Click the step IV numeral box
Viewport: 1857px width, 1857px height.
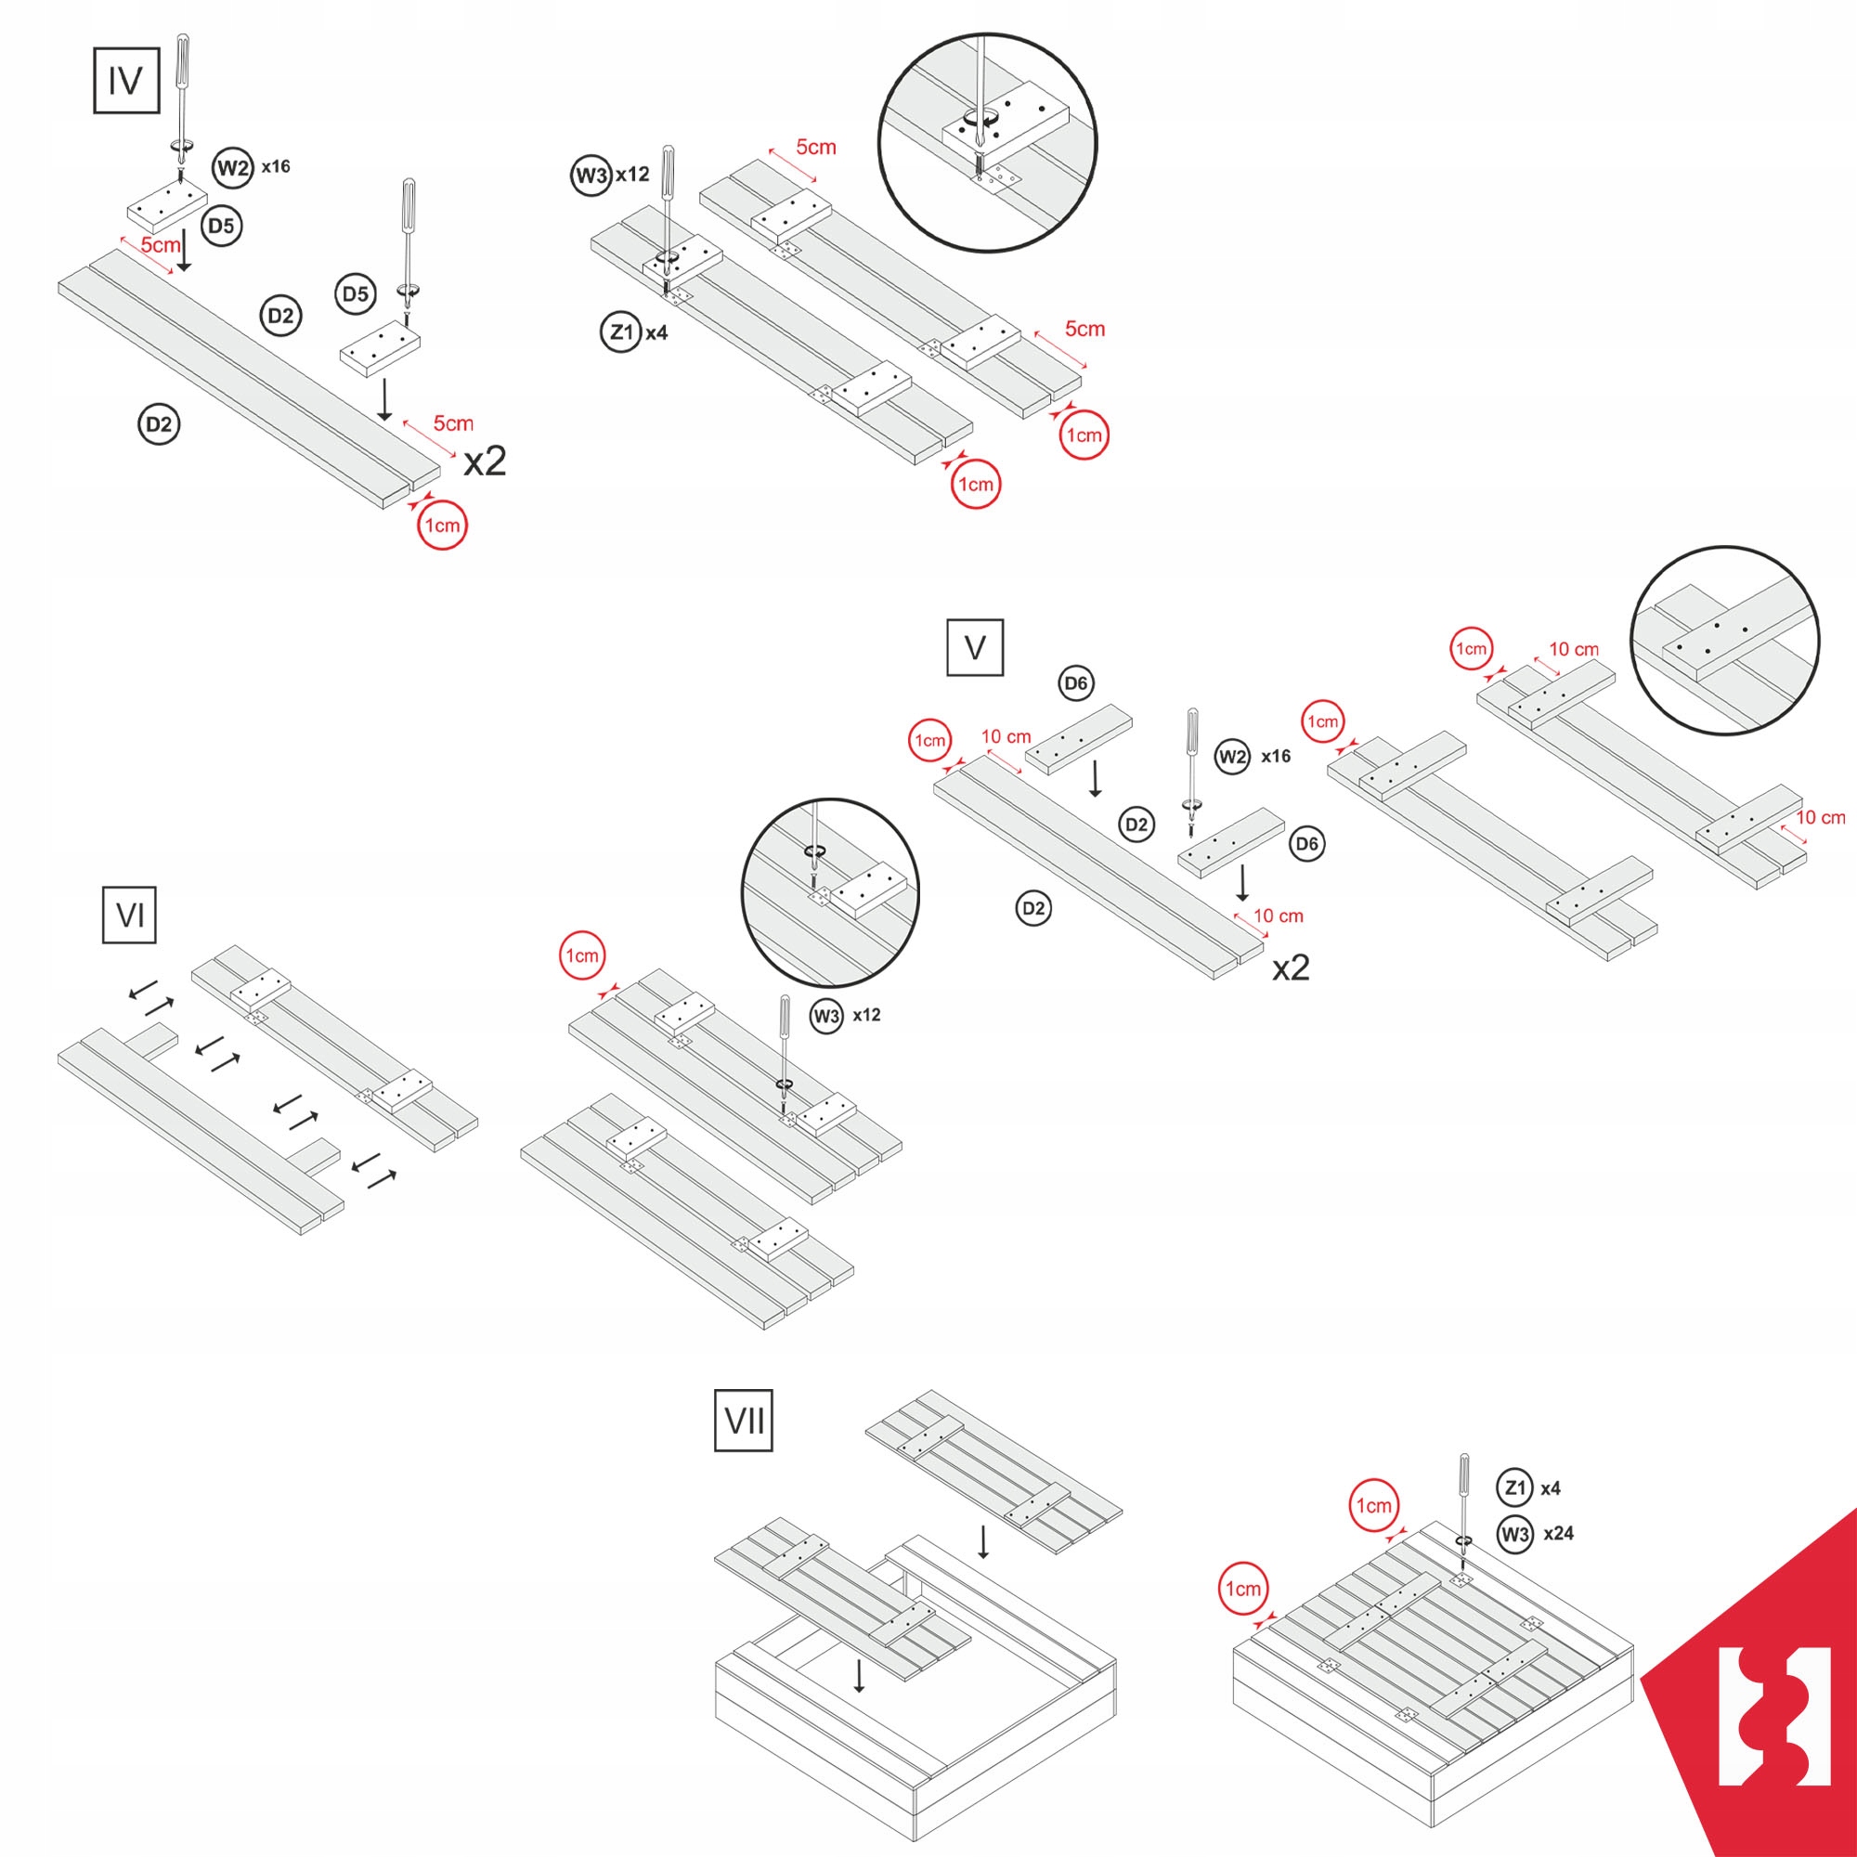pos(126,81)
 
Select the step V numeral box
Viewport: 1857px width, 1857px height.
pos(975,647)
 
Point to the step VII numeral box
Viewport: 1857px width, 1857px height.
pos(743,1419)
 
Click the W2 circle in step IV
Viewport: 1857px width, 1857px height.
pos(233,168)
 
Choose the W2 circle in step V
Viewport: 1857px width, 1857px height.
pos(1232,757)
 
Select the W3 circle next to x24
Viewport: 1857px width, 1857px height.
pos(1514,1533)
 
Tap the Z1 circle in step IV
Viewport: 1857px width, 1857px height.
pos(621,332)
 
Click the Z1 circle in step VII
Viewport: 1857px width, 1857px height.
pos(1514,1487)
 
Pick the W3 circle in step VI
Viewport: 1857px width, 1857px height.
pos(826,1015)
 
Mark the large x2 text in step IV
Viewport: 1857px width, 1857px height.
pos(485,462)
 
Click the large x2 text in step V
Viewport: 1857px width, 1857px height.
pos(1291,967)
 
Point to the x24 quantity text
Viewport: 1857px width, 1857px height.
pos(1558,1533)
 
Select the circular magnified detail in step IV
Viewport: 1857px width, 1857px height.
pos(987,142)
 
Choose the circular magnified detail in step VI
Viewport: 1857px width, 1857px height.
pos(829,893)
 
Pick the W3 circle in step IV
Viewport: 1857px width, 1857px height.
pos(591,175)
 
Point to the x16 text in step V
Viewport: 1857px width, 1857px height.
pos(1276,757)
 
